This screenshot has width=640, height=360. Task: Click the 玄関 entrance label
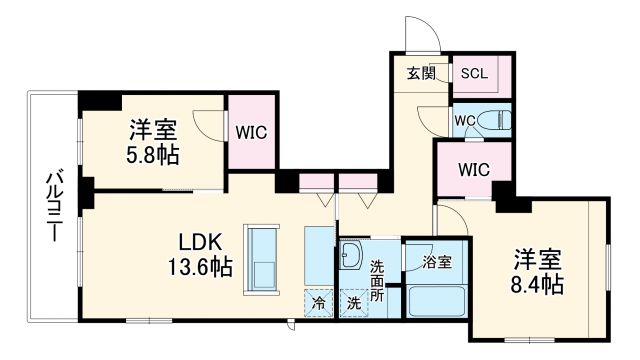pyautogui.click(x=421, y=73)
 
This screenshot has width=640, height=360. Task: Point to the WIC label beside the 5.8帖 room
pyautogui.click(x=250, y=131)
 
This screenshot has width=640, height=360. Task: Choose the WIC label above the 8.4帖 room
pyautogui.click(x=473, y=169)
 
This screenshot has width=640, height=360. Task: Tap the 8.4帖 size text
pyautogui.click(x=538, y=281)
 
